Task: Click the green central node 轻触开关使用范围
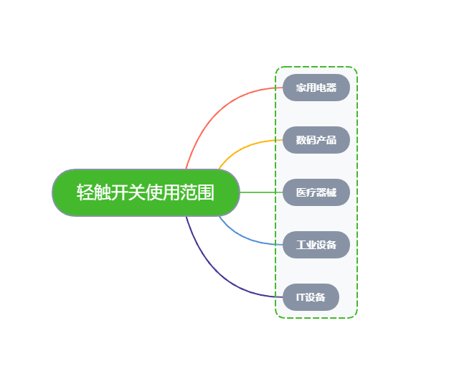point(146,192)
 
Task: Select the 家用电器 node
point(316,88)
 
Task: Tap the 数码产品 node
point(316,140)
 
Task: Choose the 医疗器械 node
point(316,192)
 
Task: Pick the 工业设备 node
point(316,245)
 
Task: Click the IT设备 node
point(311,296)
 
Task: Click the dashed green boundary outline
point(357,192)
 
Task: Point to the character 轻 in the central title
point(85,192)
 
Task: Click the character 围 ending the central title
point(207,192)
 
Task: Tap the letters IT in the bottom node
point(300,297)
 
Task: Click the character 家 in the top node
point(301,88)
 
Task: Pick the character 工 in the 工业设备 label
point(301,245)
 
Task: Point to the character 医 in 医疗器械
point(301,192)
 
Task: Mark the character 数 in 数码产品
point(301,140)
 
